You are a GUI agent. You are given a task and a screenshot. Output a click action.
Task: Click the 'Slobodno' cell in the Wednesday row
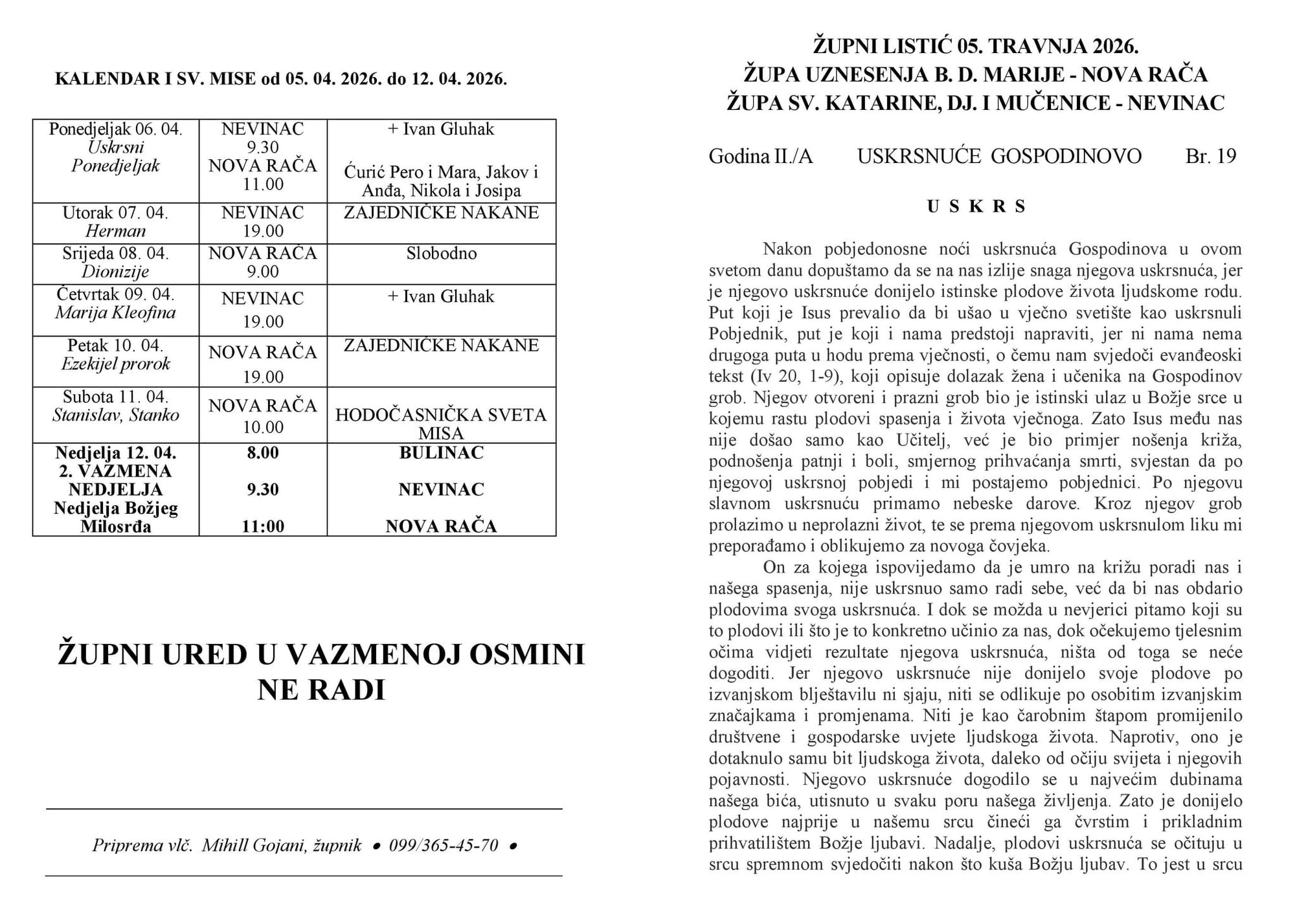click(441, 253)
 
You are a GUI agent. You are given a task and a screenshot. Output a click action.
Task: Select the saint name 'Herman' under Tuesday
click(115, 231)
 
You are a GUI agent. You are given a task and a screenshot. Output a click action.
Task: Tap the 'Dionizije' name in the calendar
click(115, 272)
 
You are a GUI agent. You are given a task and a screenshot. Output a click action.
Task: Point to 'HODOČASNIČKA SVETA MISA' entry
click(441, 424)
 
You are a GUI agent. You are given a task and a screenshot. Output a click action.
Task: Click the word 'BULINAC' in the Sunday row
click(441, 453)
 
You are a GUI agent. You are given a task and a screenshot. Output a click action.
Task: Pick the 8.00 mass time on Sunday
click(262, 453)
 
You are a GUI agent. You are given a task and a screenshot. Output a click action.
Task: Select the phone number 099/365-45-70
click(444, 845)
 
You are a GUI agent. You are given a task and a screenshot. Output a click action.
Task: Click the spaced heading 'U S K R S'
click(976, 206)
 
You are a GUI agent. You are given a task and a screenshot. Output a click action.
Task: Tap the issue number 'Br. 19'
click(1211, 156)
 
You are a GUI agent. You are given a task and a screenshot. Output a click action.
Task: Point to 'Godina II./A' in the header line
click(760, 156)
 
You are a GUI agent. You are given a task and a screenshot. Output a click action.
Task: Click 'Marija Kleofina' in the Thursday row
click(115, 313)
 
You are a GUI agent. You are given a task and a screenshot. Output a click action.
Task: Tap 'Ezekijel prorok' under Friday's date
click(115, 364)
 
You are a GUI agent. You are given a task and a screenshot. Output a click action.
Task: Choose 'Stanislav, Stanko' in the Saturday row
click(115, 415)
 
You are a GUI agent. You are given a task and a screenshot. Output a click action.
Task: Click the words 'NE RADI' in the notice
click(321, 690)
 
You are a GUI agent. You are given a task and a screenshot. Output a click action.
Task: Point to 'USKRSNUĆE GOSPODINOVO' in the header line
click(999, 156)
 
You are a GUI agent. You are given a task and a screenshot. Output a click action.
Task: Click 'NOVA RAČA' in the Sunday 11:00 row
click(441, 527)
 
